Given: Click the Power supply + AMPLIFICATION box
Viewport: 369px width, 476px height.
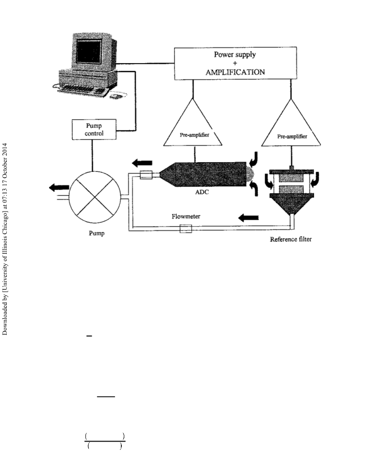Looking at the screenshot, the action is click(x=235, y=64).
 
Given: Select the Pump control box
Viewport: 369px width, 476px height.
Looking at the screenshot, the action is click(x=94, y=130).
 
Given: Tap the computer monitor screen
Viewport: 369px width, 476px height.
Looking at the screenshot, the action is click(x=89, y=51).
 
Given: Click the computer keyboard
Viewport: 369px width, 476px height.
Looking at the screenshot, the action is click(x=83, y=90).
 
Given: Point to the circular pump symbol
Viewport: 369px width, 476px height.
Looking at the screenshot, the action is click(x=95, y=197).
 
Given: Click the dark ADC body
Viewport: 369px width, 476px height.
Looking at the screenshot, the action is click(x=203, y=175).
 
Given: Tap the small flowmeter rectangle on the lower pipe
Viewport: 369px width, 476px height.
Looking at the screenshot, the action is click(x=186, y=229).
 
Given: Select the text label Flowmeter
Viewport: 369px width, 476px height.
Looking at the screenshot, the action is click(x=186, y=216).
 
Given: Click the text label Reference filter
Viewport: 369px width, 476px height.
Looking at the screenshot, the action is click(x=291, y=239).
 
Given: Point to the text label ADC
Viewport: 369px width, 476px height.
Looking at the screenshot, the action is click(x=202, y=192).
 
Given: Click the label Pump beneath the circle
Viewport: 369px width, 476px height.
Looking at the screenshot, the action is click(x=97, y=233).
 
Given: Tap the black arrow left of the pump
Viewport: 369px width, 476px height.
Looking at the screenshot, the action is click(x=59, y=188).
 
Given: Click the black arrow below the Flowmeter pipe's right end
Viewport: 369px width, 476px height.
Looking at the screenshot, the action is click(x=249, y=218).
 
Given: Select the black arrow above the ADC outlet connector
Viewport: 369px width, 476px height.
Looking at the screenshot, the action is click(x=142, y=163).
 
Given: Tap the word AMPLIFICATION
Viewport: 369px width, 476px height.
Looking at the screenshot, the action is click(x=235, y=72).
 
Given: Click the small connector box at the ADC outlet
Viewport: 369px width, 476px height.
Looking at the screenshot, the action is click(x=146, y=175).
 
